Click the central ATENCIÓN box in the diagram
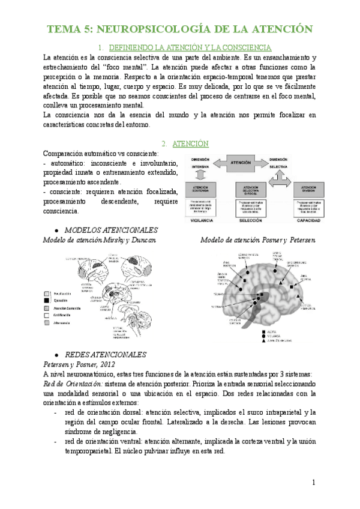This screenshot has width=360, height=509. [x=241, y=162]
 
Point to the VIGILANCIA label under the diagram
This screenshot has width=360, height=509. [x=201, y=221]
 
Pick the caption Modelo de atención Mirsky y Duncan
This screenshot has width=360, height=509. [x=100, y=240]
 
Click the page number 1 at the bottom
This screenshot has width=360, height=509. [x=314, y=483]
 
